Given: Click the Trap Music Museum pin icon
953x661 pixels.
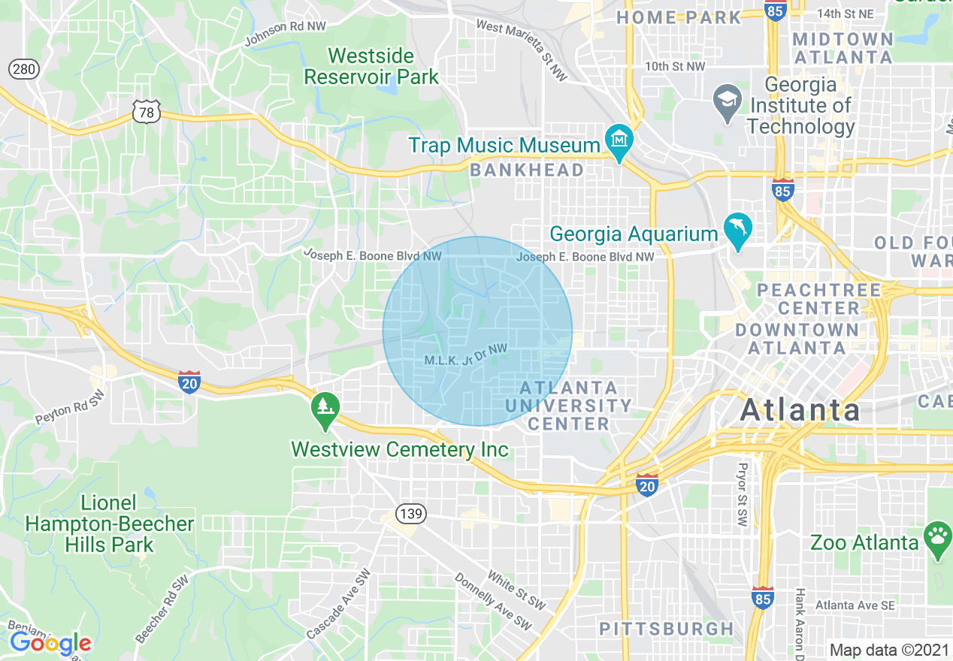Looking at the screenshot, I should [x=619, y=141].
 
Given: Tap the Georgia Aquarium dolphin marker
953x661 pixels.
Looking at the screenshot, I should [x=737, y=229].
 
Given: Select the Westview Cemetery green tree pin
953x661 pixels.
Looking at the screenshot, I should [x=325, y=409].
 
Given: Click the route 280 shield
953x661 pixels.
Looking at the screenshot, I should [x=24, y=70].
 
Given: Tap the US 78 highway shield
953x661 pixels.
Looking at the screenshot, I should [x=146, y=113].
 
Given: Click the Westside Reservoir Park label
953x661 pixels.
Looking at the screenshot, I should [x=371, y=66].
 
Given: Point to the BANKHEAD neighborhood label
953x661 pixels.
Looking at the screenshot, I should [x=527, y=171].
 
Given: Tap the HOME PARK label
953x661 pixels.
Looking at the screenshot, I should [x=679, y=17].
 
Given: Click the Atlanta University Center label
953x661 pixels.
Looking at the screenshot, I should [x=569, y=406].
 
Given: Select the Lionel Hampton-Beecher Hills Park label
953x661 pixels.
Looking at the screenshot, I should [x=110, y=524].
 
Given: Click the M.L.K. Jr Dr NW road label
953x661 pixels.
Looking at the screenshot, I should [x=466, y=355].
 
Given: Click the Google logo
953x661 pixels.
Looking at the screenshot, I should [x=50, y=644].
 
